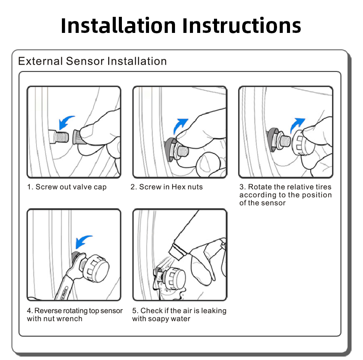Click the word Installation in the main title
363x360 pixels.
pos(118,26)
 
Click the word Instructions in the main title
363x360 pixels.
pos(242,26)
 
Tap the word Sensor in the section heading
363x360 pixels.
pos(85,61)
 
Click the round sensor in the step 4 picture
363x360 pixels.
pos(96,268)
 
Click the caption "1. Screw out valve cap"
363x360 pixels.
pos(67,187)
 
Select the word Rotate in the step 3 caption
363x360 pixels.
pos(260,187)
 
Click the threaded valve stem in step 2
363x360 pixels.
pos(183,151)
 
